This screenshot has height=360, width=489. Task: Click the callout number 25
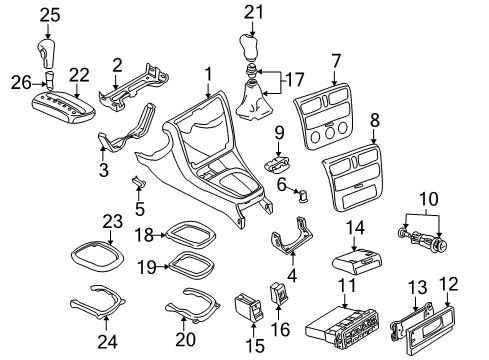[50, 15]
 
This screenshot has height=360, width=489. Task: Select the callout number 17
[295, 80]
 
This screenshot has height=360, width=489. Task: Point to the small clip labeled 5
[139, 182]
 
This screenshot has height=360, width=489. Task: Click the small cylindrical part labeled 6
[304, 195]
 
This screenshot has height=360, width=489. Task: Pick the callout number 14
[355, 228]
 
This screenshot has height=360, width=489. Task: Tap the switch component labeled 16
[280, 293]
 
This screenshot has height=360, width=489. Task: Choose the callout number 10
[429, 199]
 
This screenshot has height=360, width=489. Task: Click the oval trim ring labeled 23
[97, 258]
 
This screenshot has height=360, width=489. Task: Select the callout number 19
[147, 267]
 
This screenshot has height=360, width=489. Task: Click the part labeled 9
[278, 163]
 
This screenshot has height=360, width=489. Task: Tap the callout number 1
[208, 74]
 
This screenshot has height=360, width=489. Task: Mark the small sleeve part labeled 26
[50, 80]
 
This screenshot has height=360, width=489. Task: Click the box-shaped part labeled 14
[357, 262]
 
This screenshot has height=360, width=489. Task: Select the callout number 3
[104, 169]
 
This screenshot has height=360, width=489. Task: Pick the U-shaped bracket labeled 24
[98, 303]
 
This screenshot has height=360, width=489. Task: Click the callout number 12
[449, 284]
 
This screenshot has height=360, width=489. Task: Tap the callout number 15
[255, 345]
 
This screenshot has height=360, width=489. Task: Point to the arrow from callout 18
[160, 235]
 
